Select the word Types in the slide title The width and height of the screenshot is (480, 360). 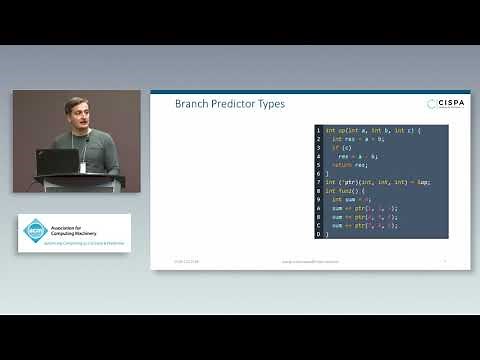pyautogui.click(x=271, y=104)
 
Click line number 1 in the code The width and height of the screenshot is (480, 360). pyautogui.click(x=318, y=130)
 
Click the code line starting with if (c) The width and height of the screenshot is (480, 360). pyautogui.click(x=337, y=148)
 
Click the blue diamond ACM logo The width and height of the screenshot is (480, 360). pyautogui.click(x=36, y=231)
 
